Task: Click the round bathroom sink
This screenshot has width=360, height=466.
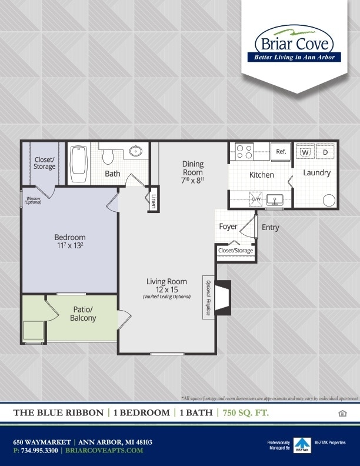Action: pyautogui.click(x=136, y=151)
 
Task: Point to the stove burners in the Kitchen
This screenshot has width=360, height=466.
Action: pyautogui.click(x=244, y=152)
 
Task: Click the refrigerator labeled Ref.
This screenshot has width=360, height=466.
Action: pyautogui.click(x=281, y=152)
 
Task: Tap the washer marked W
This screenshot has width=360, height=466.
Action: pyautogui.click(x=305, y=152)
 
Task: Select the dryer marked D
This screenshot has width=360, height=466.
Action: pyautogui.click(x=325, y=152)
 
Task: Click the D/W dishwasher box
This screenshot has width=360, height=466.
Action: pyautogui.click(x=256, y=199)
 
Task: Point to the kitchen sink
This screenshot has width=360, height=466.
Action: pyautogui.click(x=275, y=200)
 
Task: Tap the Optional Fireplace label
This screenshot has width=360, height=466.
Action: pyautogui.click(x=208, y=297)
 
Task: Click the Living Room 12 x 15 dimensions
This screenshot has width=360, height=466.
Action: pyautogui.click(x=166, y=289)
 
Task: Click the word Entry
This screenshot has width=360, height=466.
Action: pyautogui.click(x=270, y=228)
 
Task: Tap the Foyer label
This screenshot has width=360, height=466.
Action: pyautogui.click(x=228, y=227)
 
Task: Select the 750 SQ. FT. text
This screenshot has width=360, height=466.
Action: pyautogui.click(x=246, y=412)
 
